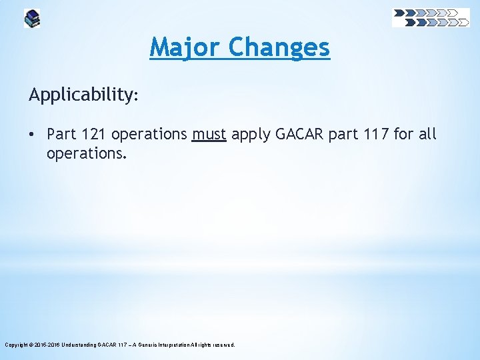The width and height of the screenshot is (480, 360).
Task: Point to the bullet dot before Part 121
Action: coord(33,134)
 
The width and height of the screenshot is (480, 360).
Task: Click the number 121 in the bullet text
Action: coord(94,134)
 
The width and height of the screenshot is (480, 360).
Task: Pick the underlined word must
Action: coord(209,134)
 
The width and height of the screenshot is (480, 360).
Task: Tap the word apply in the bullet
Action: coord(251,135)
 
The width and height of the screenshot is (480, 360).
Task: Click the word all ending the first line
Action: coord(427,134)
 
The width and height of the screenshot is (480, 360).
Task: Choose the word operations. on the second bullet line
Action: coord(85,154)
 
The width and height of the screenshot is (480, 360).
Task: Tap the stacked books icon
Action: coord(31,18)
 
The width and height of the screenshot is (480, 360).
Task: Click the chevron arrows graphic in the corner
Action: coord(431,17)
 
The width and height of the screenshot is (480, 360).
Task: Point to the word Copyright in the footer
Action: coord(16,345)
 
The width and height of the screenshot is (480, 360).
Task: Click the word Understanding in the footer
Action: coord(85,345)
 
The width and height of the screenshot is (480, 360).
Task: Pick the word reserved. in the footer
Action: coord(223,345)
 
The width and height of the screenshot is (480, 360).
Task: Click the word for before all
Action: coord(403,134)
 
